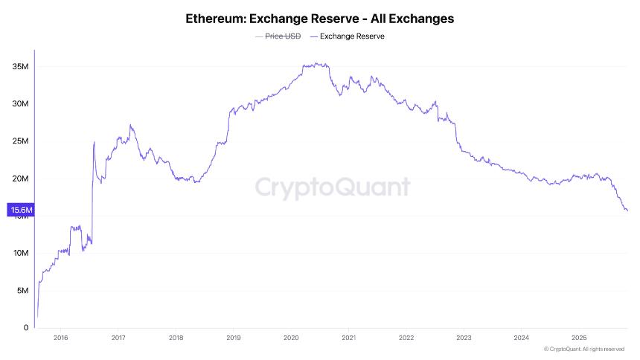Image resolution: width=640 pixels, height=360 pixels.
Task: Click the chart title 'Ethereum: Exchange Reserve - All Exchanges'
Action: click(x=320, y=18)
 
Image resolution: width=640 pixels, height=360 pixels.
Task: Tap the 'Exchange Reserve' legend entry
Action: click(x=352, y=36)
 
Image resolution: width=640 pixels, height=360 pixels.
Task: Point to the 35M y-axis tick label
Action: click(x=20, y=67)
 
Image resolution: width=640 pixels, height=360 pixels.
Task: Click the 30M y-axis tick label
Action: click(x=20, y=104)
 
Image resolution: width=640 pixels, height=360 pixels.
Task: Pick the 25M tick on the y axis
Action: click(x=20, y=141)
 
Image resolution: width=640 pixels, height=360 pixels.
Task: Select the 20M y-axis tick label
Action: click(x=20, y=179)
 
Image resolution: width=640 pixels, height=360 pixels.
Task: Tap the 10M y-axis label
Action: click(x=20, y=253)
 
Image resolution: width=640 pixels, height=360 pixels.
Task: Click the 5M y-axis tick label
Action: click(x=22, y=290)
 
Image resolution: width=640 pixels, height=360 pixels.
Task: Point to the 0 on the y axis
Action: click(x=25, y=327)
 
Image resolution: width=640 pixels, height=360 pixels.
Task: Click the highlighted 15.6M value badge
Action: click(x=20, y=210)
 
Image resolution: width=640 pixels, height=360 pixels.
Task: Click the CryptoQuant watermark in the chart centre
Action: click(x=333, y=187)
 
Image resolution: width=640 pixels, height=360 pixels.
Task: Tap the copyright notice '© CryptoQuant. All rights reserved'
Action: click(x=583, y=349)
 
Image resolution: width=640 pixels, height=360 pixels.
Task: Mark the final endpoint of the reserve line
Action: click(x=627, y=210)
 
